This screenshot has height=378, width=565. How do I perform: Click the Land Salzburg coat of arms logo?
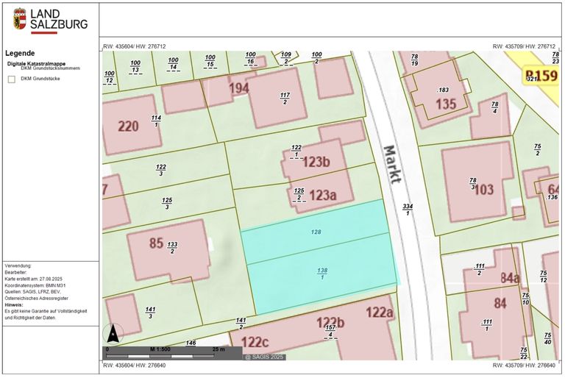pyautogui.click(x=19, y=19)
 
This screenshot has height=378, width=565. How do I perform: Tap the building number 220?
pyautogui.click(x=128, y=126)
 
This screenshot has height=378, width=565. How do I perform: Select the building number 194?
pyautogui.click(x=238, y=88)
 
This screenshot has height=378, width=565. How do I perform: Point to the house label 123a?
pyautogui.click(x=322, y=195)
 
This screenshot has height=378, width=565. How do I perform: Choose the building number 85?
pyautogui.click(x=156, y=243)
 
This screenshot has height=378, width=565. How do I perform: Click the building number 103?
pyautogui.click(x=483, y=189)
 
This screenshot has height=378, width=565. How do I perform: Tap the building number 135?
pyautogui.click(x=446, y=104)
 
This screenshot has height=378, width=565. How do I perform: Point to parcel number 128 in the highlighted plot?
pyautogui.click(x=316, y=232)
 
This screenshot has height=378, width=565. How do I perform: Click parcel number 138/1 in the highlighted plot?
pyautogui.click(x=322, y=274)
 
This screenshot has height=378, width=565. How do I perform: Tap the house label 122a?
pyautogui.click(x=380, y=312)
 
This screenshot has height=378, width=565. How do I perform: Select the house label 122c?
pyautogui.click(x=254, y=342)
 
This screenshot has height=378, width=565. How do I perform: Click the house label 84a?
pyautogui.click(x=510, y=278)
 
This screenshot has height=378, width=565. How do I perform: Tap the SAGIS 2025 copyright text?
pyautogui.click(x=263, y=357)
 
